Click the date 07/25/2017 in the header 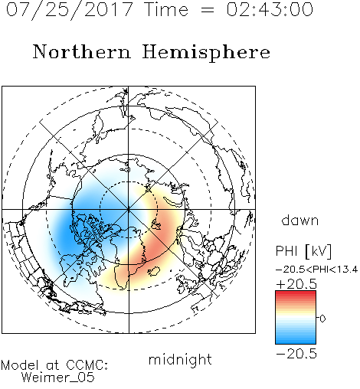(70, 10)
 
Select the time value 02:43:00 (270, 9)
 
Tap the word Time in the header (166, 9)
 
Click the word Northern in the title (82, 51)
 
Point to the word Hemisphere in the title (206, 53)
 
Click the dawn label (300, 220)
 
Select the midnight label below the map (180, 359)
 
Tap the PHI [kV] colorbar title (303, 251)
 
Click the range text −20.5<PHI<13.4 (317, 270)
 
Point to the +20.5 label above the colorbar (296, 284)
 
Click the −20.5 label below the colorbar (296, 354)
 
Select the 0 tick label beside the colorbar (322, 319)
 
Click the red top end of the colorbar (296, 293)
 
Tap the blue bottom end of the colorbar (296, 342)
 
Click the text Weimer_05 (58, 378)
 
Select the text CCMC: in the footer (87, 365)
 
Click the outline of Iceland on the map (154, 271)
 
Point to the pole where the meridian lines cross (129, 210)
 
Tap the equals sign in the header (208, 10)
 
